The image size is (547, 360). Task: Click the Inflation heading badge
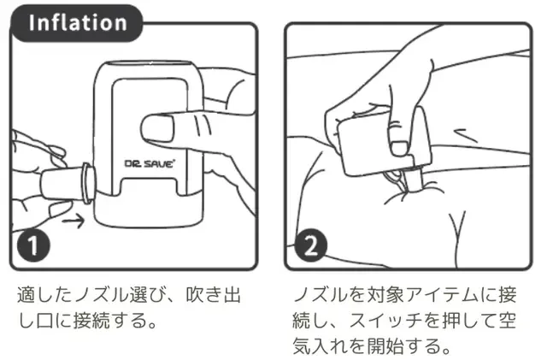click(x=77, y=23)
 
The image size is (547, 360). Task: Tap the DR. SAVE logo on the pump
click(x=149, y=163)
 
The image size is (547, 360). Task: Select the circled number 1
click(x=33, y=245)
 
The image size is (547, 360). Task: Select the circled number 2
click(x=311, y=245)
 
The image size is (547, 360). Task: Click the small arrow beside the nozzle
click(x=74, y=221)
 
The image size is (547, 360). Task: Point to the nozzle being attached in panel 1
click(x=67, y=183)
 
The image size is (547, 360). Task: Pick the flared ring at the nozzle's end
click(x=87, y=183)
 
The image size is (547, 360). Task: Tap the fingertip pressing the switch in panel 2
click(x=399, y=148)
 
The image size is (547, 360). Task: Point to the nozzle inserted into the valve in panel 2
click(x=415, y=179)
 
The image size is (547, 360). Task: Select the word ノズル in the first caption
click(x=101, y=294)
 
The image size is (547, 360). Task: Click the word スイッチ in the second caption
click(x=386, y=320)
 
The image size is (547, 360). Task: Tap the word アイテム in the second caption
click(x=441, y=294)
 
